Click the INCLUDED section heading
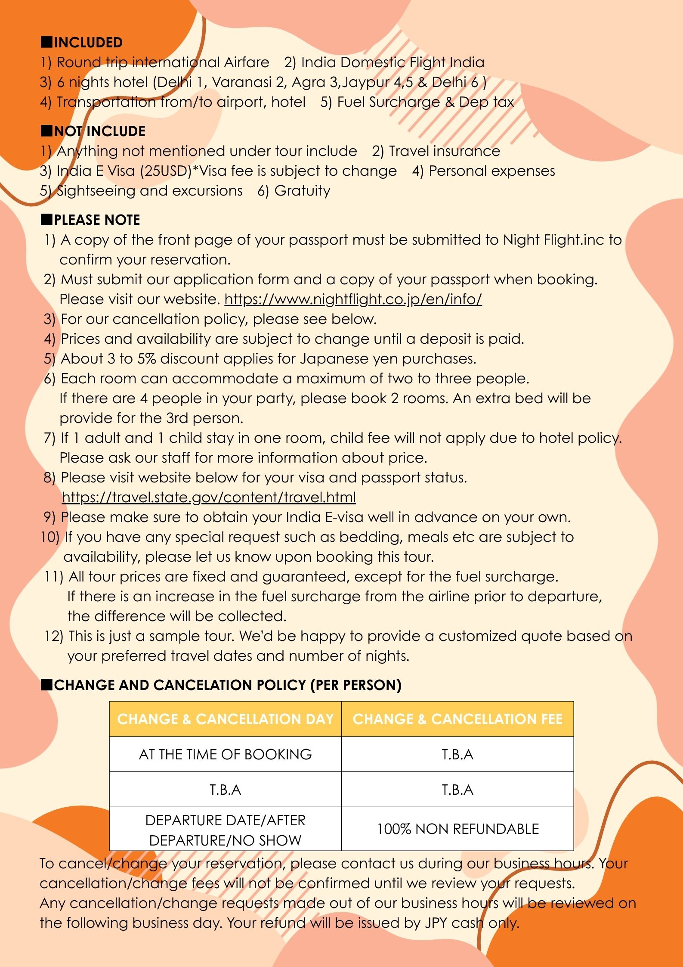88,43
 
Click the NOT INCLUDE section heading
99,131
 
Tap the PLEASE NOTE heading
97,220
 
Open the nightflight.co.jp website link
353,299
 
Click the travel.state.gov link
209,497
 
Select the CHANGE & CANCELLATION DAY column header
225,719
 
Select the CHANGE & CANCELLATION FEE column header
457,719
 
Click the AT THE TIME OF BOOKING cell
225,754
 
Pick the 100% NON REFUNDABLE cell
457,829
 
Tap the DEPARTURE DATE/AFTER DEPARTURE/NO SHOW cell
225,830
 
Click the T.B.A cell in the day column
225,790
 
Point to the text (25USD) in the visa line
166,171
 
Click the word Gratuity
302,191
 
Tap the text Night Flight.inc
553,240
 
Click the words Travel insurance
444,151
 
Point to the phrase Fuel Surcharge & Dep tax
425,102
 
